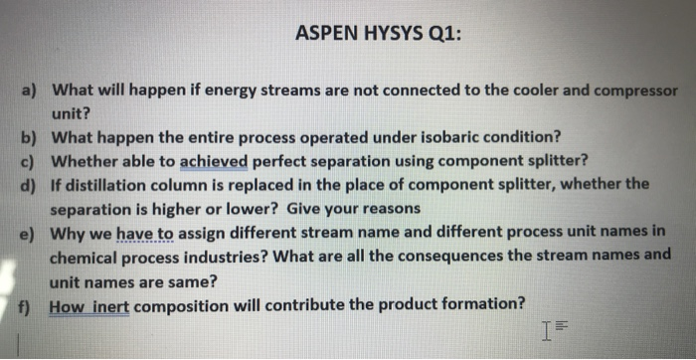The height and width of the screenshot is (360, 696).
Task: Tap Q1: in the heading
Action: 443,33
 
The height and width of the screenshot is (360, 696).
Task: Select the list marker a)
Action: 31,90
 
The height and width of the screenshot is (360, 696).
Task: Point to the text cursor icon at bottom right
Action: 546,326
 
